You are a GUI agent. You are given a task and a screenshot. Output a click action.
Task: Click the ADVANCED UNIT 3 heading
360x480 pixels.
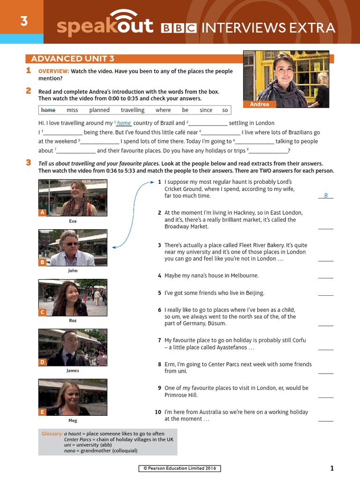click(x=72, y=59)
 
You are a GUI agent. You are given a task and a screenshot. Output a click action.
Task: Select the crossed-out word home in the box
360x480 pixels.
click(x=48, y=110)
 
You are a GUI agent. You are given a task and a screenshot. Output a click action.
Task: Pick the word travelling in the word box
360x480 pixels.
click(x=133, y=110)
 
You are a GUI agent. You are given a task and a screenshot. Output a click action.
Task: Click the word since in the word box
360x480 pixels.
click(x=206, y=110)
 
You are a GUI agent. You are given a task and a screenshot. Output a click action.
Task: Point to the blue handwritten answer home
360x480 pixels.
click(x=124, y=123)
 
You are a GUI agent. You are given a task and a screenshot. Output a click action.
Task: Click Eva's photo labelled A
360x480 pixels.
click(x=73, y=198)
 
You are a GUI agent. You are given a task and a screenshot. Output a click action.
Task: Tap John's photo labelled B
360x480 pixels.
click(x=73, y=247)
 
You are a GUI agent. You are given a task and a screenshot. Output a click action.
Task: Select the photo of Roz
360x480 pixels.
click(x=73, y=298)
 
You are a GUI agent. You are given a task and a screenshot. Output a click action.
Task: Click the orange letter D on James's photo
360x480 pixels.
click(x=43, y=362)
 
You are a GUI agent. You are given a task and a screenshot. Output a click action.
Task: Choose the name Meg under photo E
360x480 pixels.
click(x=73, y=420)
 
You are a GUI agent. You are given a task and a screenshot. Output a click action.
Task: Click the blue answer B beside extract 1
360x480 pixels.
click(x=326, y=195)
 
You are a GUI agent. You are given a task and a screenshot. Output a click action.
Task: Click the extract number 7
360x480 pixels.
click(x=159, y=340)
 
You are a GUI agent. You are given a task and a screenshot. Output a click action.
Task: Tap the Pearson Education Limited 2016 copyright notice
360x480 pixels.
click(x=180, y=468)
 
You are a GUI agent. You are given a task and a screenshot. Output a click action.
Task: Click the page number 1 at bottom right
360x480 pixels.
click(x=332, y=468)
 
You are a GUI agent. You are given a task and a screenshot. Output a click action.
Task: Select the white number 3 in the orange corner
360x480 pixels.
click(x=22, y=21)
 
